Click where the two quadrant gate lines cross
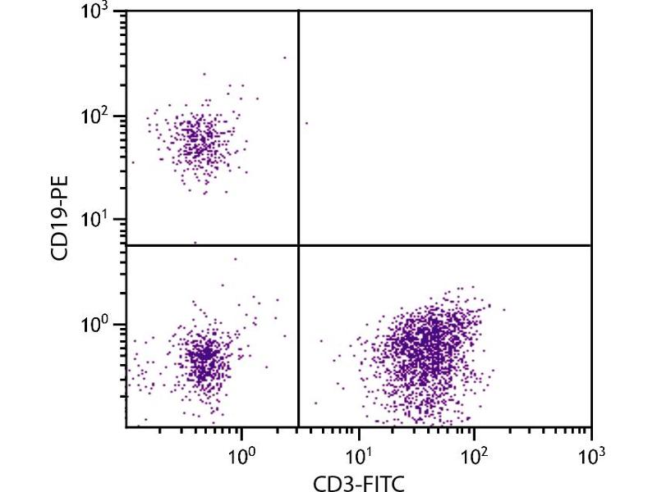[x=298, y=245]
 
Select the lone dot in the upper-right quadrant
[x=306, y=123]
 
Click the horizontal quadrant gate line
[x=443, y=245]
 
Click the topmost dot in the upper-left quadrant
[x=285, y=57]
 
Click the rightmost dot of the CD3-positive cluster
[x=503, y=309]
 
